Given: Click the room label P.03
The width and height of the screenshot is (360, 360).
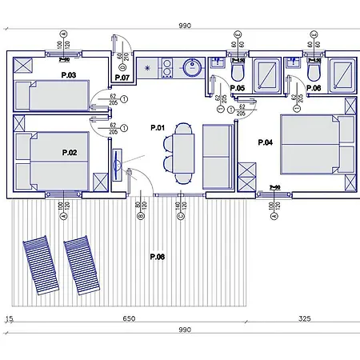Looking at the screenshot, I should point(68,75).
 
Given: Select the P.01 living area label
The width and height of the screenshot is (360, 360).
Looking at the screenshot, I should point(157,128).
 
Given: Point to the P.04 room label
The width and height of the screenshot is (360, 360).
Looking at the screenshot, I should point(266,142).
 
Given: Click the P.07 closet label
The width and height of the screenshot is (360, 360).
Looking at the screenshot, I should point(122,79).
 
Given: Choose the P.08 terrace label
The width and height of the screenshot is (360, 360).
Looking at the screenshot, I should point(157,257).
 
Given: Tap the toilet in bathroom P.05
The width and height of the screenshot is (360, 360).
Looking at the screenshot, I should point(238,70).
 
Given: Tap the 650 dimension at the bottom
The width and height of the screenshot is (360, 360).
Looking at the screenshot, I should point(129,319).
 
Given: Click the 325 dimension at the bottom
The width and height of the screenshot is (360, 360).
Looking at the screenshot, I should point(304,319).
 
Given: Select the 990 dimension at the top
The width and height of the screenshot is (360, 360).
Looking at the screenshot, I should point(185,26).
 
